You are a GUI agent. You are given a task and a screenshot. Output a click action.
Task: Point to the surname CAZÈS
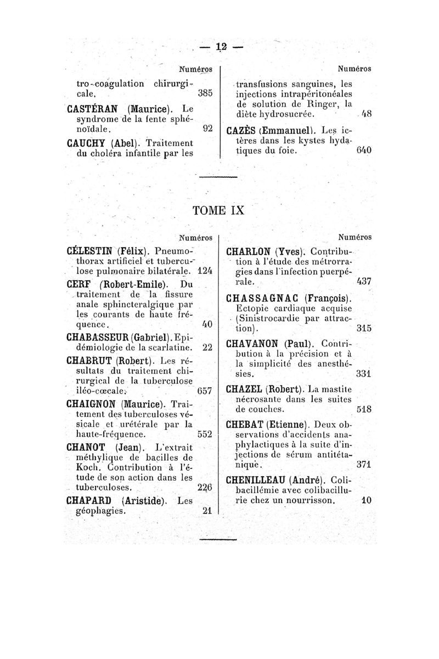pyautogui.click(x=245, y=131)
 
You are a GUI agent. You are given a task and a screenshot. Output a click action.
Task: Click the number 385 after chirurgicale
pyautogui.click(x=205, y=94)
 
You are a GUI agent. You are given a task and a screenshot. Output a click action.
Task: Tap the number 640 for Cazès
pyautogui.click(x=364, y=149)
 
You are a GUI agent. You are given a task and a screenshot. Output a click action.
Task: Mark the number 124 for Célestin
pyautogui.click(x=204, y=271)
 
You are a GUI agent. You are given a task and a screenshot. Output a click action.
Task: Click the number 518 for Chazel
pyautogui.click(x=364, y=409)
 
